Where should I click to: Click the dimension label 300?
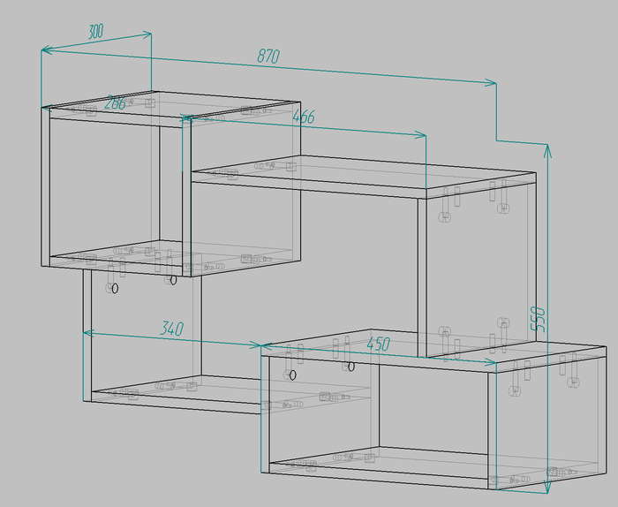pos(95,31)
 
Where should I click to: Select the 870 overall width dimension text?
pos(268,56)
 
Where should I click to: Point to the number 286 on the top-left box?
pos(115,102)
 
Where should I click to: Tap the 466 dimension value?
pos(304,117)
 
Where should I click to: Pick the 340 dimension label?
pos(172,329)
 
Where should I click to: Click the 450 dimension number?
pos(379,344)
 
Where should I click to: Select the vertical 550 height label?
pos(538,319)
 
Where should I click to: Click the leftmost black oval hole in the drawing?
pos(115,289)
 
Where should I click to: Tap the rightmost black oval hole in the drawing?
pos(350,367)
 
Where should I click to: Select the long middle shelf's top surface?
pos(363,172)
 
